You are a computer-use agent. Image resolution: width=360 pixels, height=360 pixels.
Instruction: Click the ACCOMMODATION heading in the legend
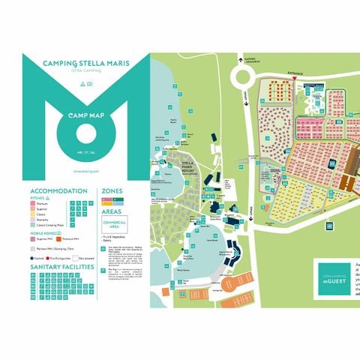pyautogui.click(x=56, y=191)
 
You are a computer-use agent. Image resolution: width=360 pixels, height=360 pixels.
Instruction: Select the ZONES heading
pyautogui.click(x=112, y=191)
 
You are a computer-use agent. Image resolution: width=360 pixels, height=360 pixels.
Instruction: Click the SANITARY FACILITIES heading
pyautogui.click(x=62, y=266)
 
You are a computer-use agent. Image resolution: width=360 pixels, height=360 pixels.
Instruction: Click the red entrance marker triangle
pyautogui.click(x=295, y=78)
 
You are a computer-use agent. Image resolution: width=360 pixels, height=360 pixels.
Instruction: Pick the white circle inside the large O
pyautogui.click(x=85, y=135)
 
